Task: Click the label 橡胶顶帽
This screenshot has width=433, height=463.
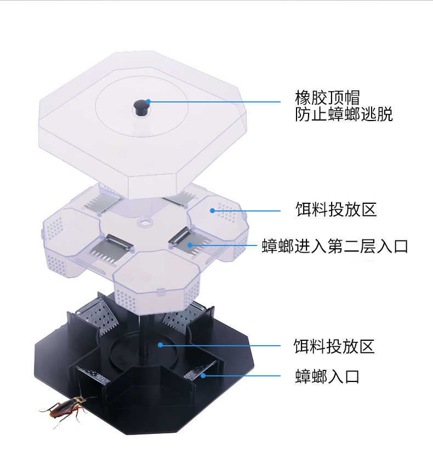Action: [327, 98]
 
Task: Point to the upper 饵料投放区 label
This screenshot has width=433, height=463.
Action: [336, 209]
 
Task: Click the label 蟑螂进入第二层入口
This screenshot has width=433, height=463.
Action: [335, 246]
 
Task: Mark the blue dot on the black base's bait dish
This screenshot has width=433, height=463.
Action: [160, 345]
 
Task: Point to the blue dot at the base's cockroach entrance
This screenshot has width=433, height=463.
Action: [202, 375]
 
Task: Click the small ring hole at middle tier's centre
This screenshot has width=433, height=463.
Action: [144, 222]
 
